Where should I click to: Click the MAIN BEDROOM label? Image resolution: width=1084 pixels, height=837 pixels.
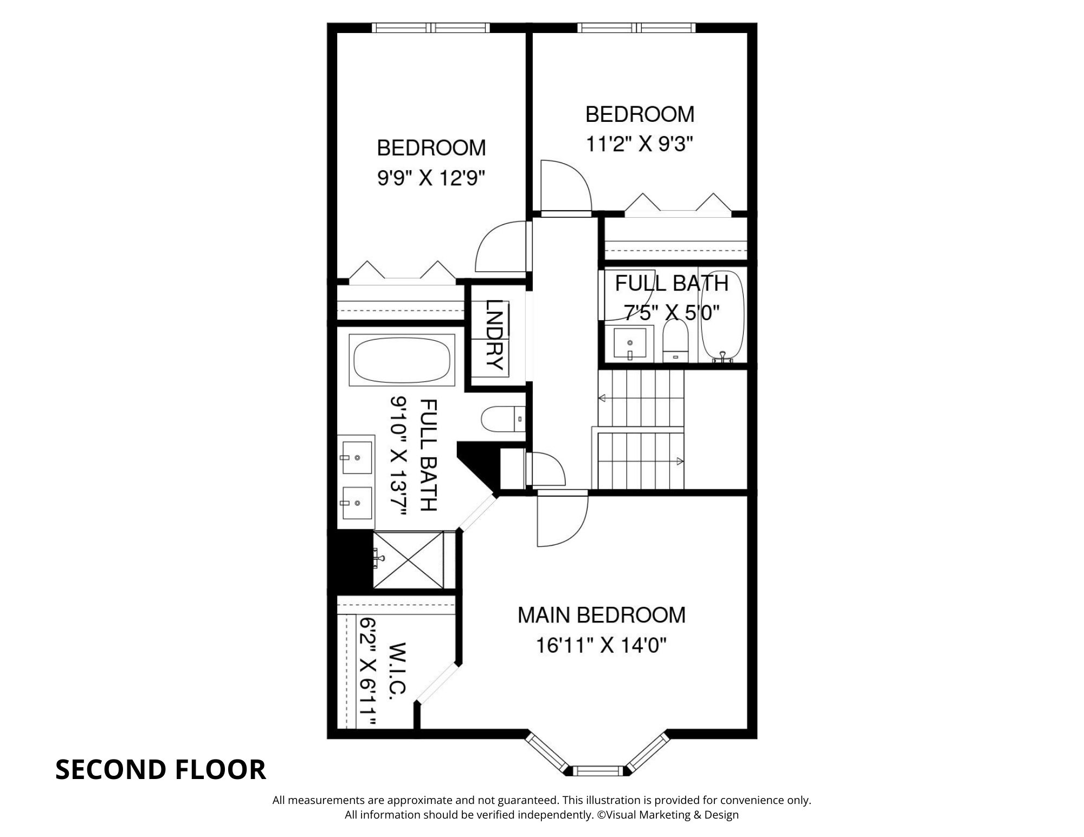click(601, 615)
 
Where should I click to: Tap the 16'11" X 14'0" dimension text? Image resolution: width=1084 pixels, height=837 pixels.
click(601, 645)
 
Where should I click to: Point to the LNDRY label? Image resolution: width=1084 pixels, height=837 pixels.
click(494, 334)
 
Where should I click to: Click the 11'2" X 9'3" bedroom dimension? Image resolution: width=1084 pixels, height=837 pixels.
click(640, 144)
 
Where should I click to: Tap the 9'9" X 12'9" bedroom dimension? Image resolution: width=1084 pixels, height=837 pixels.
click(431, 178)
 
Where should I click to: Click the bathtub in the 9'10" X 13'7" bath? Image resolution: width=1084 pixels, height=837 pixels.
click(402, 360)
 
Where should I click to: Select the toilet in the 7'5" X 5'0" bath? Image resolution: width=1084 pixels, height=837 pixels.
click(675, 341)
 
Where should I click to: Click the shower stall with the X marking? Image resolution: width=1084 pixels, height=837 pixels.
click(408, 559)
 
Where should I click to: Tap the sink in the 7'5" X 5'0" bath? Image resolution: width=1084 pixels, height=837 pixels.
click(630, 343)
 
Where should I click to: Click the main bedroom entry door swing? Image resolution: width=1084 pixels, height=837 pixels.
click(561, 520)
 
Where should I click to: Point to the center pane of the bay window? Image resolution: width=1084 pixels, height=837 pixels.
click(599, 770)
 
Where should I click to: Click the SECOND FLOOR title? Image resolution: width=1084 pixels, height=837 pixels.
click(160, 770)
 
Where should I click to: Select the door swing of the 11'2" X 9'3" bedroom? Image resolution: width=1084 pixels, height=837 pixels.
click(564, 187)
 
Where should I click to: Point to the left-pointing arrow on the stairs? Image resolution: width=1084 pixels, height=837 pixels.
click(602, 398)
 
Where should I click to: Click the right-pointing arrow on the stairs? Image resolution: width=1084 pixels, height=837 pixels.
click(679, 461)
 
